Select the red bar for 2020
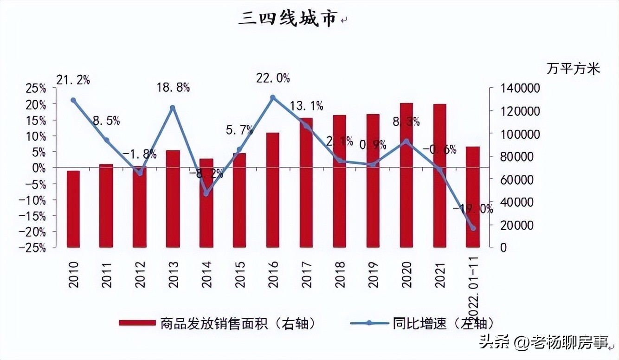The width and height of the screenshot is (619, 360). tap(406, 176)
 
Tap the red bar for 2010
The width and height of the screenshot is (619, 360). tap(73, 209)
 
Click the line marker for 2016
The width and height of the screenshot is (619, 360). tap(273, 97)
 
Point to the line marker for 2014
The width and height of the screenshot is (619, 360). tap(206, 193)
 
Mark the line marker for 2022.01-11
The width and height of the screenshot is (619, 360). tap(473, 228)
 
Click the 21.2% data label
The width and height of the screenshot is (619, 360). tap(73, 80)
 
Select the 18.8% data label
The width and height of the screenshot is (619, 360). tap(173, 87)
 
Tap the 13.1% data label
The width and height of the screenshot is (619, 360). tap(306, 106)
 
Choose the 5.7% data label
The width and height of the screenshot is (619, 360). tap(239, 130)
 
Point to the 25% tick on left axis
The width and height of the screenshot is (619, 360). tap(35, 88)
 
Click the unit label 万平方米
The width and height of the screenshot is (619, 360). tap(573, 69)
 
